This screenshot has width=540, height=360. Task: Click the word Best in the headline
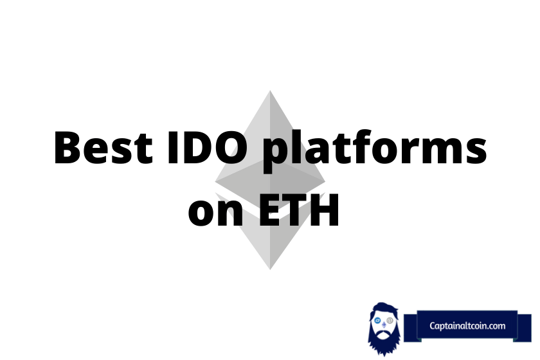pyautogui.click(x=104, y=147)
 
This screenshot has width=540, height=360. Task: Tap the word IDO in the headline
pyautogui.click(x=208, y=147)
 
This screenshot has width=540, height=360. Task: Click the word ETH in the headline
pyautogui.click(x=299, y=210)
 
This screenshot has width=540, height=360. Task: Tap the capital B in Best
pyautogui.click(x=67, y=147)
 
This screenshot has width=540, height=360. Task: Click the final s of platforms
pyautogui.click(x=476, y=151)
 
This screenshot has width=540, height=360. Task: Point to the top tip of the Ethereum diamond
pyautogui.click(x=270, y=91)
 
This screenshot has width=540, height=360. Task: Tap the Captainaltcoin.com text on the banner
pyautogui.click(x=467, y=325)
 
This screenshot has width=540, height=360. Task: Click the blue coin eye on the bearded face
pyautogui.click(x=378, y=321)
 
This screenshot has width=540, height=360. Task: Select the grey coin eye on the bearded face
pyautogui.click(x=390, y=321)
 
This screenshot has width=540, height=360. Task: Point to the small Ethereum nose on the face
pyautogui.click(x=384, y=325)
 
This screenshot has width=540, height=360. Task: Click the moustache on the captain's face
pyautogui.click(x=384, y=332)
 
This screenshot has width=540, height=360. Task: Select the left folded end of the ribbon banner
pyautogui.click(x=411, y=328)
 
